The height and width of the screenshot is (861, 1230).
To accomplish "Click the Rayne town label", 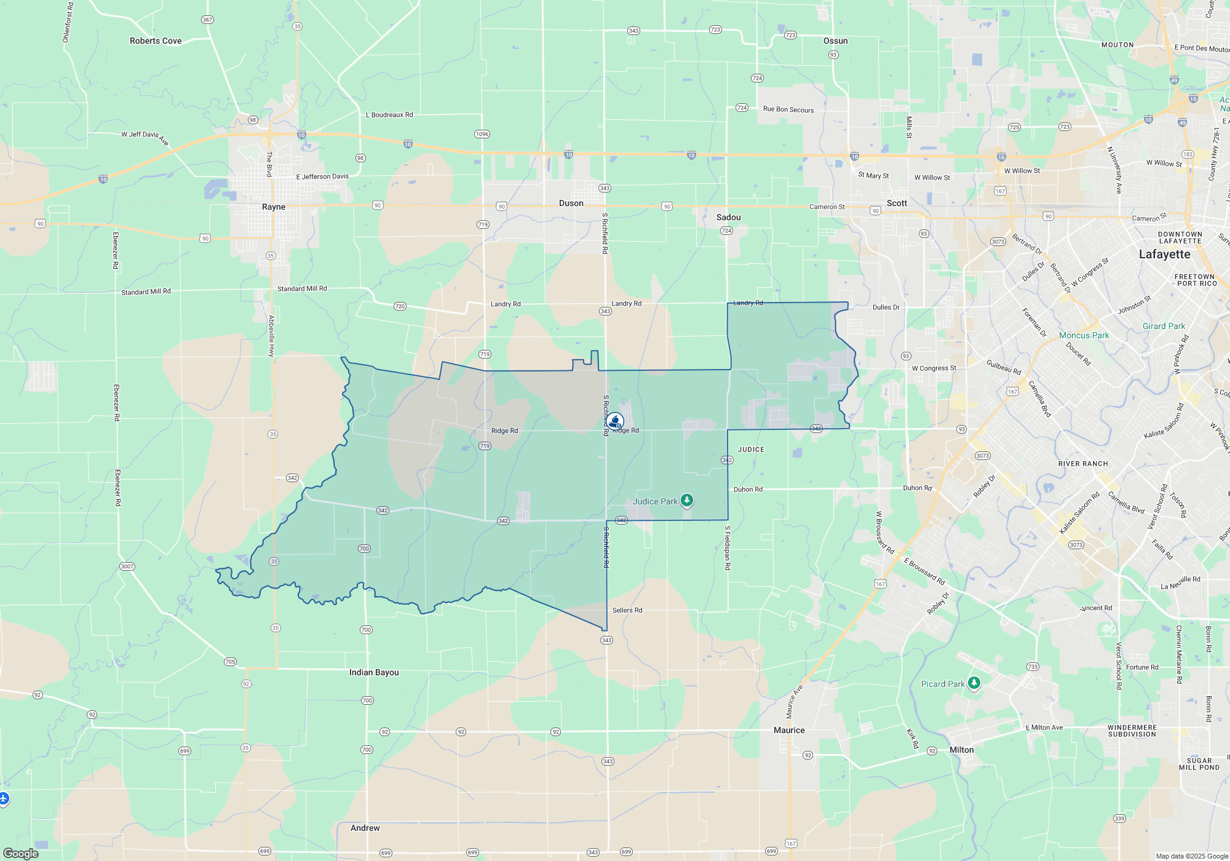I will point(274,207).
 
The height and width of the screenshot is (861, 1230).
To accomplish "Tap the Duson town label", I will point(571,204).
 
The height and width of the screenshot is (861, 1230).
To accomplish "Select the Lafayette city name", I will point(1164,255).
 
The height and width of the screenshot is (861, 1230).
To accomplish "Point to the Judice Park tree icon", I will point(687,501).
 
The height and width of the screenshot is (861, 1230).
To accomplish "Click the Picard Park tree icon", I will point(974,683).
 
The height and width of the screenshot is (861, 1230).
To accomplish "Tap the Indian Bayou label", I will point(374,673).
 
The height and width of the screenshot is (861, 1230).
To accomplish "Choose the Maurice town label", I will point(789,731).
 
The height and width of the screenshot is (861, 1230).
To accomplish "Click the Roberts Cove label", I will point(156,41).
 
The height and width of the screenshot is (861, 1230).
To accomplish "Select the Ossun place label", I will point(835,41).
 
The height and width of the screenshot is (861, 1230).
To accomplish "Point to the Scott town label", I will point(897,204).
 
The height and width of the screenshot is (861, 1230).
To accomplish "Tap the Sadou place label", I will point(728,218).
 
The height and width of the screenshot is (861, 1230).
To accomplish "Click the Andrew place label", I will point(365,828).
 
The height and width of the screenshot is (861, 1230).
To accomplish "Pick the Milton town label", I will point(961,750).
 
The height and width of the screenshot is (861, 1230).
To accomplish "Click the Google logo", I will point(21,854).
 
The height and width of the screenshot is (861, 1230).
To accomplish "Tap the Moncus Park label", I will point(1084,336).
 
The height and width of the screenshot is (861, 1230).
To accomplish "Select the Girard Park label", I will point(1164,327).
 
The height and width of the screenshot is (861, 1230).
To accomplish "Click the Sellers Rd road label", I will point(627,611).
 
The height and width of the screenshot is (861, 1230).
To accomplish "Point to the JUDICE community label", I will point(751,450).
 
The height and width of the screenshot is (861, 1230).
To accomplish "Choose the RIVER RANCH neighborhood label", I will point(1083,464).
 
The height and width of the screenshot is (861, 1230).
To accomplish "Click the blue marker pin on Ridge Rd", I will point(615,421).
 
